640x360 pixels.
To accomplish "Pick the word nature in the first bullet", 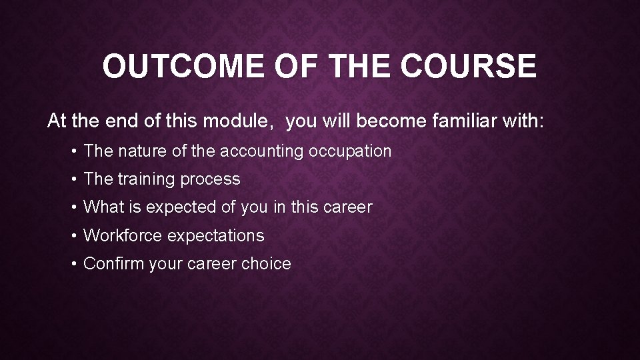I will click(x=141, y=151).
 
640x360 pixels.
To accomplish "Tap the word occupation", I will click(x=349, y=151).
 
